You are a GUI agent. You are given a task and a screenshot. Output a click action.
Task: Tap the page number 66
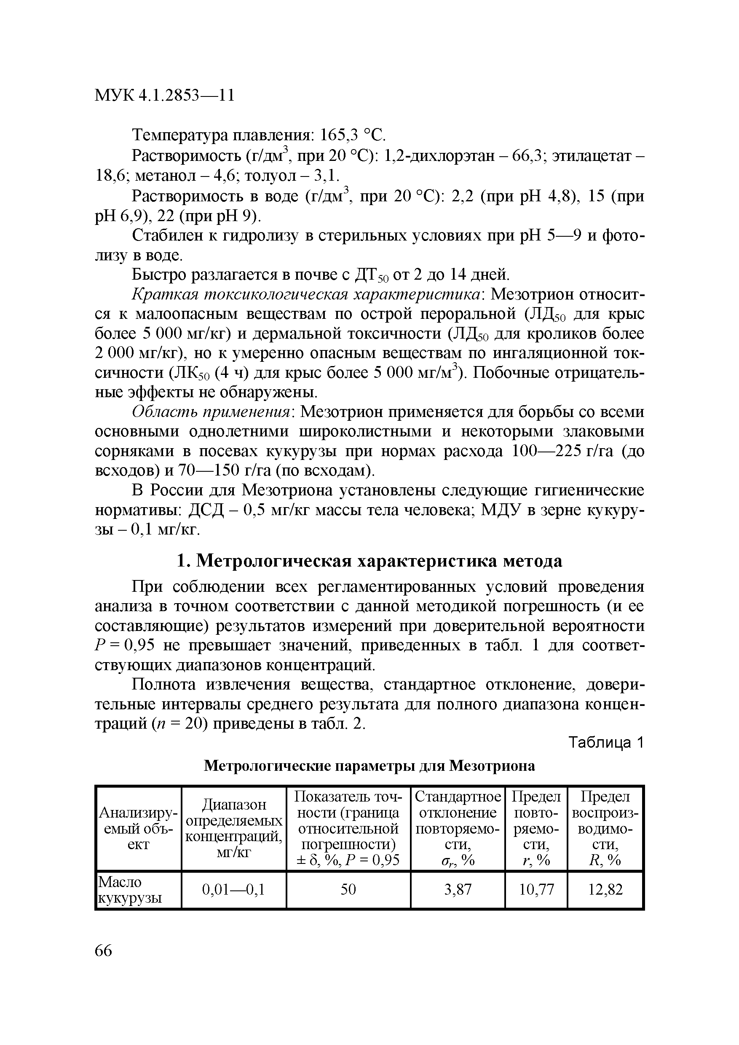[103, 951]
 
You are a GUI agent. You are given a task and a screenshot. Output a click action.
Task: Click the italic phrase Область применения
[211, 412]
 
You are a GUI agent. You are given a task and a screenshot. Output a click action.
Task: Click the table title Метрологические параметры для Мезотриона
[369, 766]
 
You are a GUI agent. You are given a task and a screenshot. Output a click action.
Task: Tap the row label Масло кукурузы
[130, 890]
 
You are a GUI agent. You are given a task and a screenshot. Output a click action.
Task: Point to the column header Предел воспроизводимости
[605, 828]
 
